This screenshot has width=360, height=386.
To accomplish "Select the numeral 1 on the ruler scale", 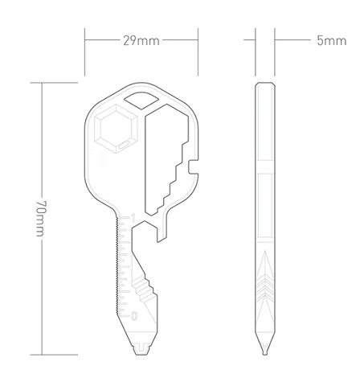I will [135, 216].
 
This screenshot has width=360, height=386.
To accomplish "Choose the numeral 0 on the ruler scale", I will [135, 314].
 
